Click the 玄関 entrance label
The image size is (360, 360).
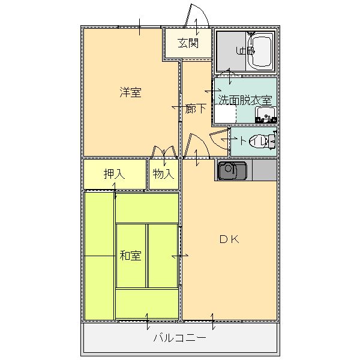(x=188, y=43)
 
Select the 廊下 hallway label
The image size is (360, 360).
(x=196, y=109)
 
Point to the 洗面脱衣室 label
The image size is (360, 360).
(x=245, y=100)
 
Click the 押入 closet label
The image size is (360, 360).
(x=114, y=174)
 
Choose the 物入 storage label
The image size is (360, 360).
(x=163, y=174)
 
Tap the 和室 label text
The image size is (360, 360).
(x=130, y=256)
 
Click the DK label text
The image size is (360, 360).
(x=229, y=239)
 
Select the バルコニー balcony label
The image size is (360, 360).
(x=179, y=338)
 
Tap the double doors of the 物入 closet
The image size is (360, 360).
(x=164, y=152)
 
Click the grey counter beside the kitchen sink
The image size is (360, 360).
(x=264, y=170)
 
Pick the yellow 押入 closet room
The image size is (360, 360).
(x=115, y=174)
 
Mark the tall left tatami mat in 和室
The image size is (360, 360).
(x=100, y=255)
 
